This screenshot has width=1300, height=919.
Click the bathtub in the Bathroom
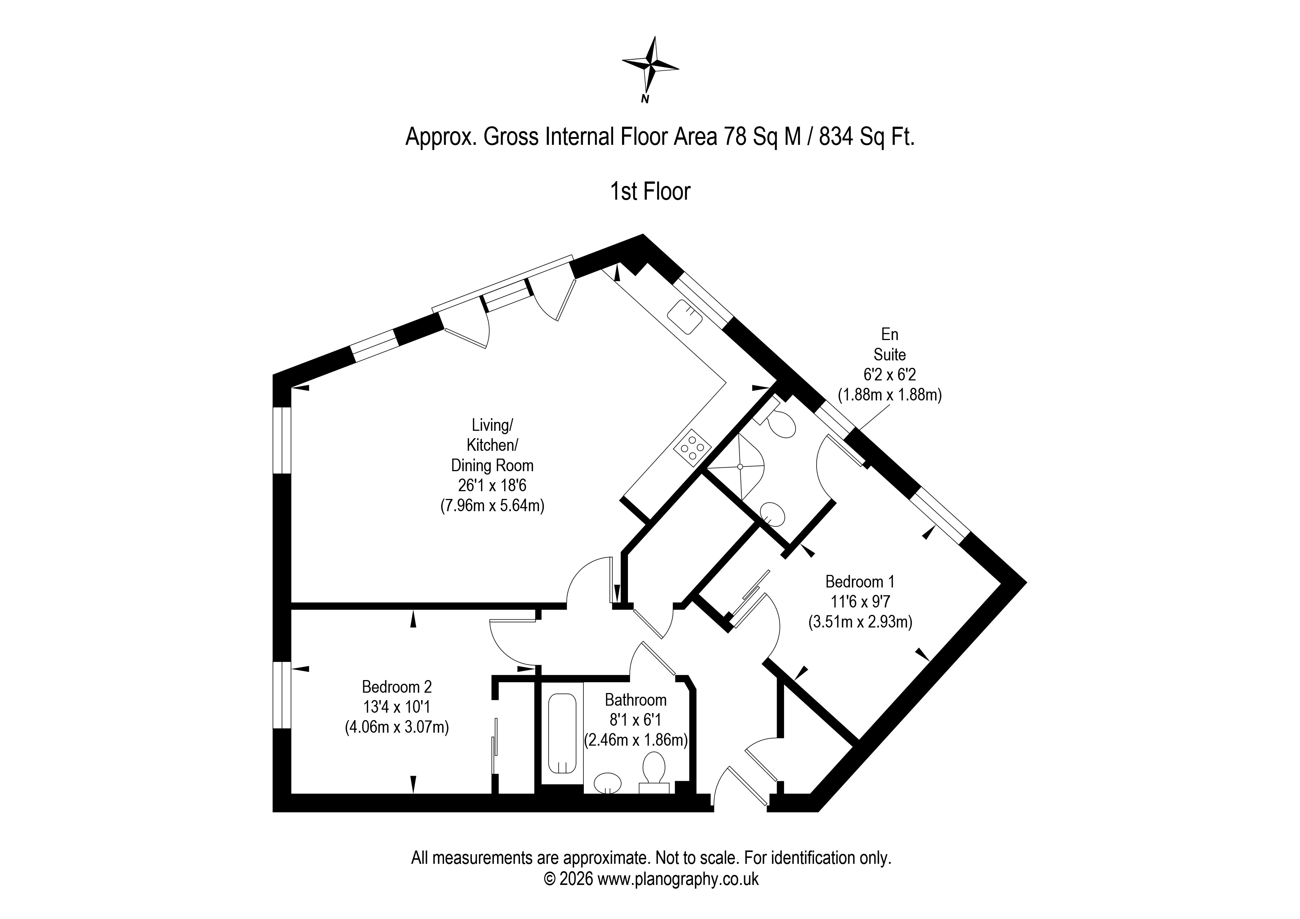pyautogui.click(x=562, y=734)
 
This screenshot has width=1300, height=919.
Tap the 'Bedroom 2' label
pyautogui.click(x=397, y=687)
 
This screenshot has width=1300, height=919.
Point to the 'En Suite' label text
pyautogui.click(x=890, y=344)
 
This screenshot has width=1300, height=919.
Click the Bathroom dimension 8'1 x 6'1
pyautogui.click(x=635, y=720)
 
